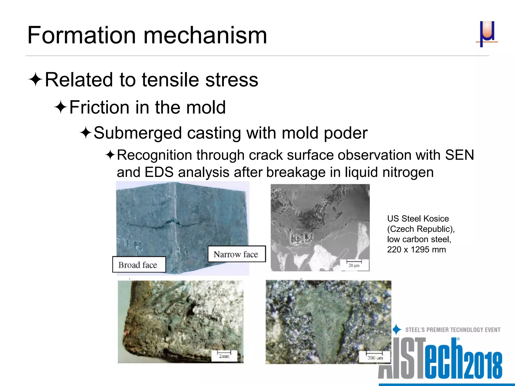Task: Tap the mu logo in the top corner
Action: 487,34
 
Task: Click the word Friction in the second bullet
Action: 99,107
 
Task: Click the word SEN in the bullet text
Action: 459,155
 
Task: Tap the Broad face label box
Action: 139,265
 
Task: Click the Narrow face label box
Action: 236,254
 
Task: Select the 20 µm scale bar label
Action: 354,265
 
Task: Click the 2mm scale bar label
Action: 224,356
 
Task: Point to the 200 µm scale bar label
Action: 375,358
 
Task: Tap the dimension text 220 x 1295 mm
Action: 416,250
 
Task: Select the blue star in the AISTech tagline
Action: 397,329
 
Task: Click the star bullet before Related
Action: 35,80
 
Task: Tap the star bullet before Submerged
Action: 86,133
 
